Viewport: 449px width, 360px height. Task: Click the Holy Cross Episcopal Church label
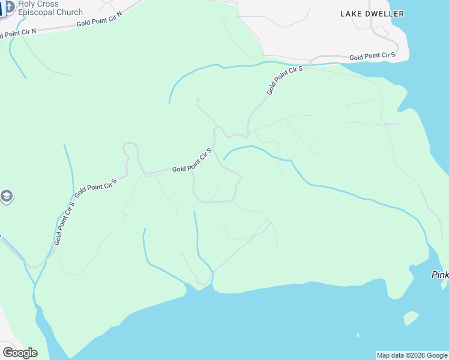pos(50,8)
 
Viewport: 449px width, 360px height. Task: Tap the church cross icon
pos(10,8)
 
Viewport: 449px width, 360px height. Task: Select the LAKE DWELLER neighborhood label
pos(372,14)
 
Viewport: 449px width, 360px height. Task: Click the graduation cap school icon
pos(7,196)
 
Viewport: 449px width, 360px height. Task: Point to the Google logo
pos(20,353)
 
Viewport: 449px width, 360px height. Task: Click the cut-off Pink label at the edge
pos(440,275)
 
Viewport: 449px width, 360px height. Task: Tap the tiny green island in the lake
pos(411,317)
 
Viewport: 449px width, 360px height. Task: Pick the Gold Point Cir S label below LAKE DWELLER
pos(372,56)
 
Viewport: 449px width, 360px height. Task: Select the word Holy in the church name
pos(27,4)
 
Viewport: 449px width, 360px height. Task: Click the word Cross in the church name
pos(48,4)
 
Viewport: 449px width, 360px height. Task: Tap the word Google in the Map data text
pos(436,355)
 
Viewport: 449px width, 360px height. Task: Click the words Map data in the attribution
pos(390,355)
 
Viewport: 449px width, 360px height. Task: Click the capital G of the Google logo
pos(8,353)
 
